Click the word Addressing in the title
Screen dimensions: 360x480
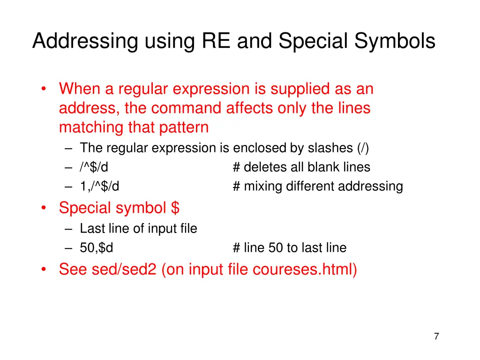tap(85, 41)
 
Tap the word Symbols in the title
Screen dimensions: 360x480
tap(395, 41)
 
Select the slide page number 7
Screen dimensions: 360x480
tap(436, 336)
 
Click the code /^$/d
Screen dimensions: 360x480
tap(94, 167)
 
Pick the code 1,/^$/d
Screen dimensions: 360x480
tap(99, 187)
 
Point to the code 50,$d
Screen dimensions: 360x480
tap(97, 247)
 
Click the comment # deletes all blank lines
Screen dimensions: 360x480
tap(301, 167)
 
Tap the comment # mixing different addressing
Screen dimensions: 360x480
tap(318, 187)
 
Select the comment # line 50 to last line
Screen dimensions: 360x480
tap(289, 247)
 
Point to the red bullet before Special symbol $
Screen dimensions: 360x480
tap(43, 208)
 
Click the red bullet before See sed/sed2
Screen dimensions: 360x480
tap(43, 270)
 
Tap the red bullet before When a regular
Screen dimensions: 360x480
tap(43, 89)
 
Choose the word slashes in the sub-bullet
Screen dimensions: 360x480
tap(330, 148)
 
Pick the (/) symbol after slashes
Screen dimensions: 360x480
tap(363, 148)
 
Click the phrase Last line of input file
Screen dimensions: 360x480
tap(138, 229)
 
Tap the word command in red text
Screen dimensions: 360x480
tap(187, 108)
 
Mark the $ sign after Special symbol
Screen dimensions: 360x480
tap(175, 208)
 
